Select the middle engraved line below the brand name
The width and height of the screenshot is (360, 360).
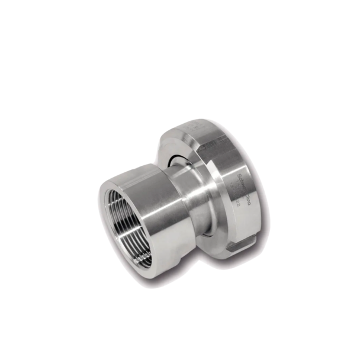pos(236,192)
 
